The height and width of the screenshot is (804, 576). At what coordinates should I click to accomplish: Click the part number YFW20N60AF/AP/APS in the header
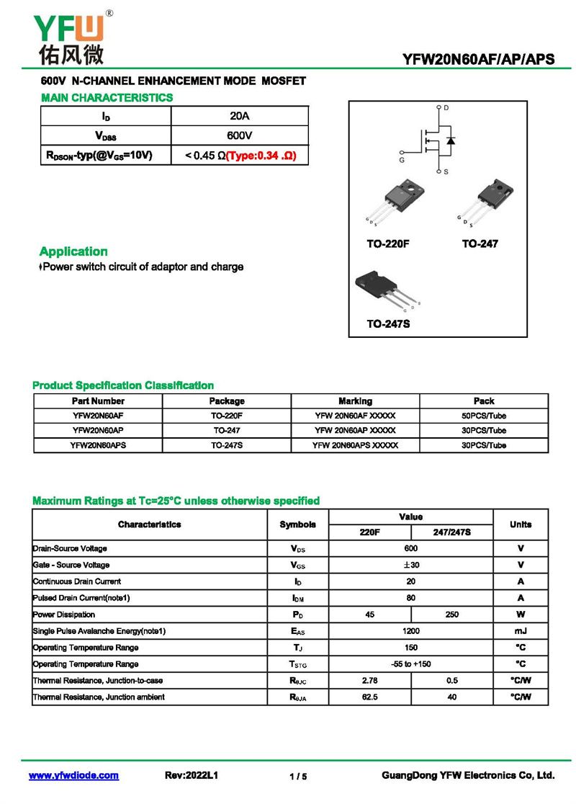click(x=479, y=60)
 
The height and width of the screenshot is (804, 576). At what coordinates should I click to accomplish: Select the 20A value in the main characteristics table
click(x=239, y=116)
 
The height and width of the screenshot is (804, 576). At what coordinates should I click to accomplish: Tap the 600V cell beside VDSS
click(x=239, y=135)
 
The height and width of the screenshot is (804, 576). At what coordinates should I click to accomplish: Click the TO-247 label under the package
click(x=480, y=244)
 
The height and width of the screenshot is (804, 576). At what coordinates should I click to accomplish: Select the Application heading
click(x=73, y=251)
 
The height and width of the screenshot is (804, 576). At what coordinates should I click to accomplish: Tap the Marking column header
click(x=355, y=401)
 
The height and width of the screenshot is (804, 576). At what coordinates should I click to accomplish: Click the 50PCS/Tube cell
click(x=483, y=416)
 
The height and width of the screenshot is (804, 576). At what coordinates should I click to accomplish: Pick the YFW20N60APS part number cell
click(x=98, y=445)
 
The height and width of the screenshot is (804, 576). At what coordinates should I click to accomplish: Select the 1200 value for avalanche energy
click(x=411, y=631)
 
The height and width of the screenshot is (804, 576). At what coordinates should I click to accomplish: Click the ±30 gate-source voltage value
click(x=411, y=565)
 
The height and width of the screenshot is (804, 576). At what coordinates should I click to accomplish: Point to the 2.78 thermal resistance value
click(x=370, y=680)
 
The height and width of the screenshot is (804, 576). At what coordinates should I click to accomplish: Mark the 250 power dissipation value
click(x=451, y=615)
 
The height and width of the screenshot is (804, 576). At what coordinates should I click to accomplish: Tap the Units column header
click(x=520, y=524)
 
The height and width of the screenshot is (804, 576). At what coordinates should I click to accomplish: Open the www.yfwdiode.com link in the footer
click(x=73, y=776)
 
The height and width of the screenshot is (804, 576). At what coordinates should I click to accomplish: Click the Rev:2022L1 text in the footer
click(x=192, y=776)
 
